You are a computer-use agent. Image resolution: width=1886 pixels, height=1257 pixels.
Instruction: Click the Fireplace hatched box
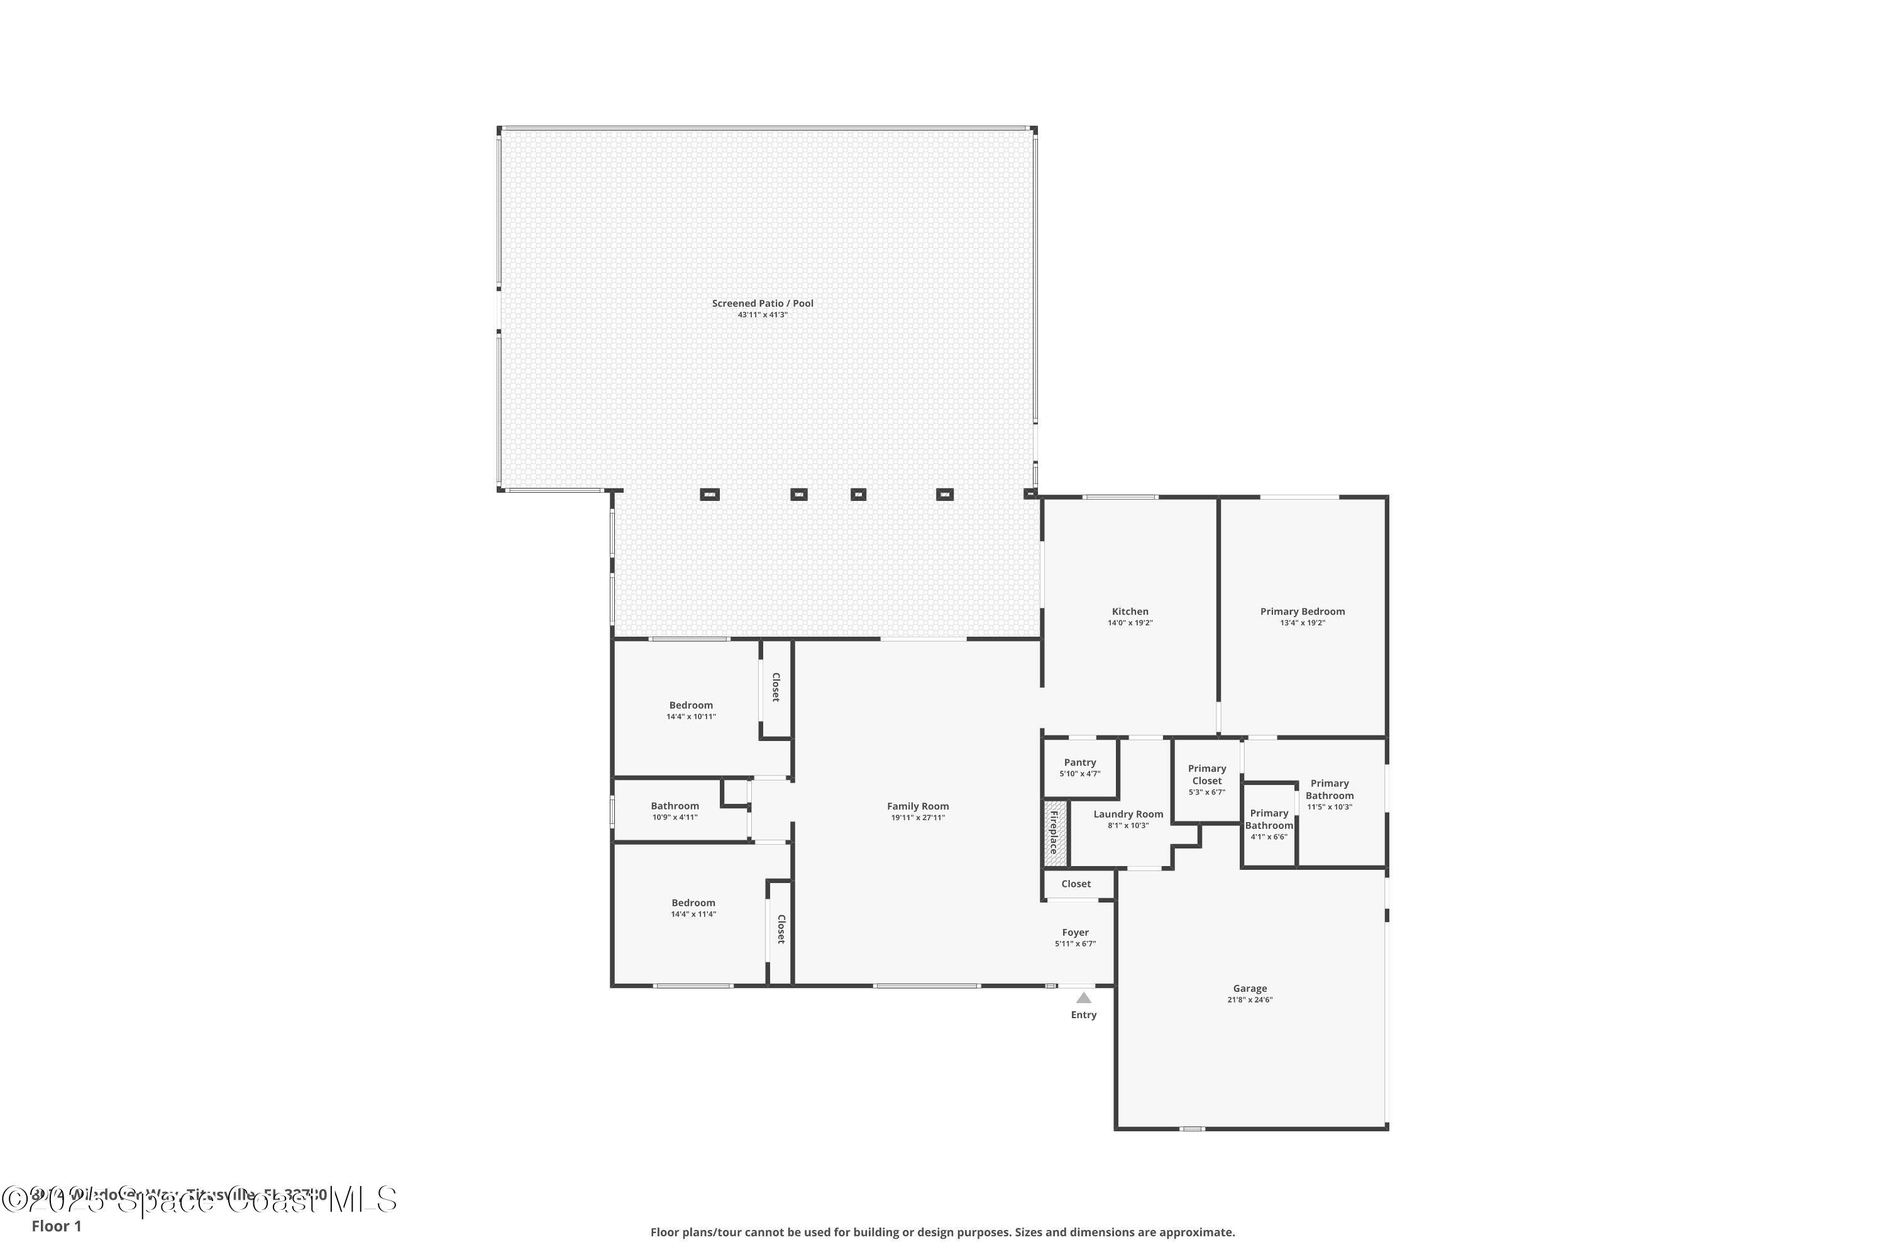tap(1056, 833)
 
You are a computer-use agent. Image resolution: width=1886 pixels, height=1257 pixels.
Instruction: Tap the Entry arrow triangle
tap(1083, 998)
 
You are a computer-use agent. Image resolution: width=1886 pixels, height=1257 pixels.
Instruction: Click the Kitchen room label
tap(1130, 612)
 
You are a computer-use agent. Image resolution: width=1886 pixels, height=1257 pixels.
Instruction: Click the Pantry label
tap(1079, 762)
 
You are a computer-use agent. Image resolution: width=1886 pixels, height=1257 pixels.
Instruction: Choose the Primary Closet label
tap(1207, 774)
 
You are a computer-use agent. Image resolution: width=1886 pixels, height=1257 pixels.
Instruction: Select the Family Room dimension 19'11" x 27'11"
tap(917, 818)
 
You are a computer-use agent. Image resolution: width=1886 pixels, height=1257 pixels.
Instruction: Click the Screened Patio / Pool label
tap(763, 303)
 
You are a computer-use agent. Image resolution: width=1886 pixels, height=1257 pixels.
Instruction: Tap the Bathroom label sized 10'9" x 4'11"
tap(675, 806)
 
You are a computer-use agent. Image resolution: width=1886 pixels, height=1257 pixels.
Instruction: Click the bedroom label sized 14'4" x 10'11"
tap(690, 705)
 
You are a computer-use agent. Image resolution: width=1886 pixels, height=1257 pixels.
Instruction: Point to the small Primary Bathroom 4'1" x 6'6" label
tap(1269, 820)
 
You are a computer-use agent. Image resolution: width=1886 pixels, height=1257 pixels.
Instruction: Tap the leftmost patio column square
tap(710, 495)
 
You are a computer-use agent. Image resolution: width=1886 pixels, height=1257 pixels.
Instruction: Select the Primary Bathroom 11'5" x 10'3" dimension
tap(1330, 807)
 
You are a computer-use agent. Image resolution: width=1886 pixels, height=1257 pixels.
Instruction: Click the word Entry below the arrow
tap(1083, 1015)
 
